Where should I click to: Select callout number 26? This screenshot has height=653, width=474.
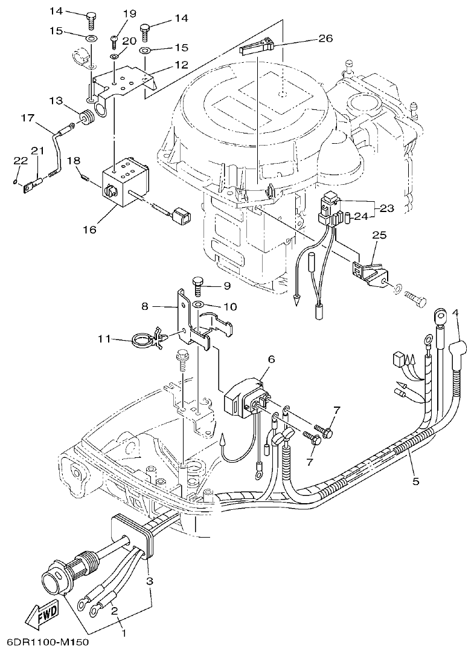325,39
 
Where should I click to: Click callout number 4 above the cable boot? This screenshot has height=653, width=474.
455,312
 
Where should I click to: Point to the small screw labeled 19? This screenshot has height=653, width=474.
115,40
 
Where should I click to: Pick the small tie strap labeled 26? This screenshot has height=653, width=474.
257,47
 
